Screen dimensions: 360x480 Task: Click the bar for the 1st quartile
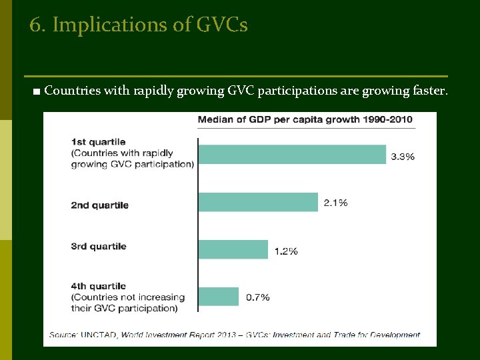[x=292, y=154]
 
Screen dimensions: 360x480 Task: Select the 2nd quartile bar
[x=258, y=202]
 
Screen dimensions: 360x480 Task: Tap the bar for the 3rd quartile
[x=233, y=249]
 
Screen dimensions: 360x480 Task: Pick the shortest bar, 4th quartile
[x=218, y=297]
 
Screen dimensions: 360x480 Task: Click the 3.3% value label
[x=403, y=157]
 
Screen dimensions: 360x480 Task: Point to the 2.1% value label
[x=335, y=203]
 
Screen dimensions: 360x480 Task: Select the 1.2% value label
[x=285, y=251]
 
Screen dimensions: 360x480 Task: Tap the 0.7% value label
[x=257, y=297]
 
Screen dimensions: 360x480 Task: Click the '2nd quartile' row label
[x=99, y=205]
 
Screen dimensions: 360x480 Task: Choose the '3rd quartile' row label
[x=99, y=247]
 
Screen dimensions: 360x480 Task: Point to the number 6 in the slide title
[x=36, y=25]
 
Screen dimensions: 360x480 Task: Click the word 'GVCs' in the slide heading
[x=222, y=25]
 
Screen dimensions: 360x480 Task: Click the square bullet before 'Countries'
[x=35, y=91]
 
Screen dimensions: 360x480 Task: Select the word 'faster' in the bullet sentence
[x=426, y=91]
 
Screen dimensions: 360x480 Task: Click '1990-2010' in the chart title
[x=389, y=120]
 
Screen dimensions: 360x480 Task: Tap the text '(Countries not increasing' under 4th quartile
[x=127, y=297]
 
